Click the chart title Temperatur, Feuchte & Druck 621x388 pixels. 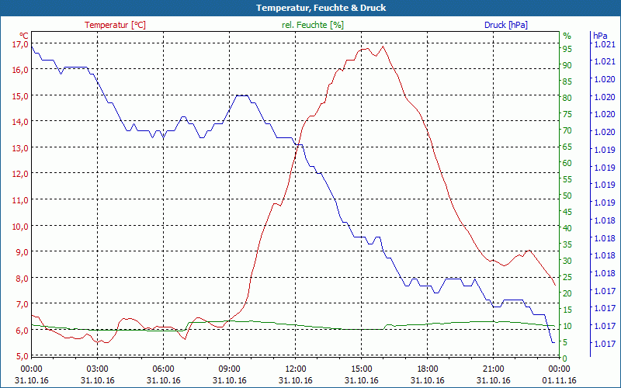coord(310,8)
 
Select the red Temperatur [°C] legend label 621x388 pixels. coord(115,25)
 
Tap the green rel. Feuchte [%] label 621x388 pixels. coord(312,25)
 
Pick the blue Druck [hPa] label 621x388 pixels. coord(505,25)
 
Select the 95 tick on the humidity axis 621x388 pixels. coord(567,49)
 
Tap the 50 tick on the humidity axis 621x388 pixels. coord(567,196)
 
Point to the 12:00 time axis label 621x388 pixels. coord(296,369)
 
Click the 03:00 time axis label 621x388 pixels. coord(97,369)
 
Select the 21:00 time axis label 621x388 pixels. coord(494,369)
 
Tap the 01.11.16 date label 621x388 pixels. coord(560,380)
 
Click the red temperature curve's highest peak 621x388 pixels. coord(382,47)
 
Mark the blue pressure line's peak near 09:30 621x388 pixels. coord(241,95)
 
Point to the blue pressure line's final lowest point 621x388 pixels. coord(553,342)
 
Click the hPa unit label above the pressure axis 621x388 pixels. coord(600,35)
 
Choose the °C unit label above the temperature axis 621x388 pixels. coord(23,35)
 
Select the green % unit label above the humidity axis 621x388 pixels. coord(567,35)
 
